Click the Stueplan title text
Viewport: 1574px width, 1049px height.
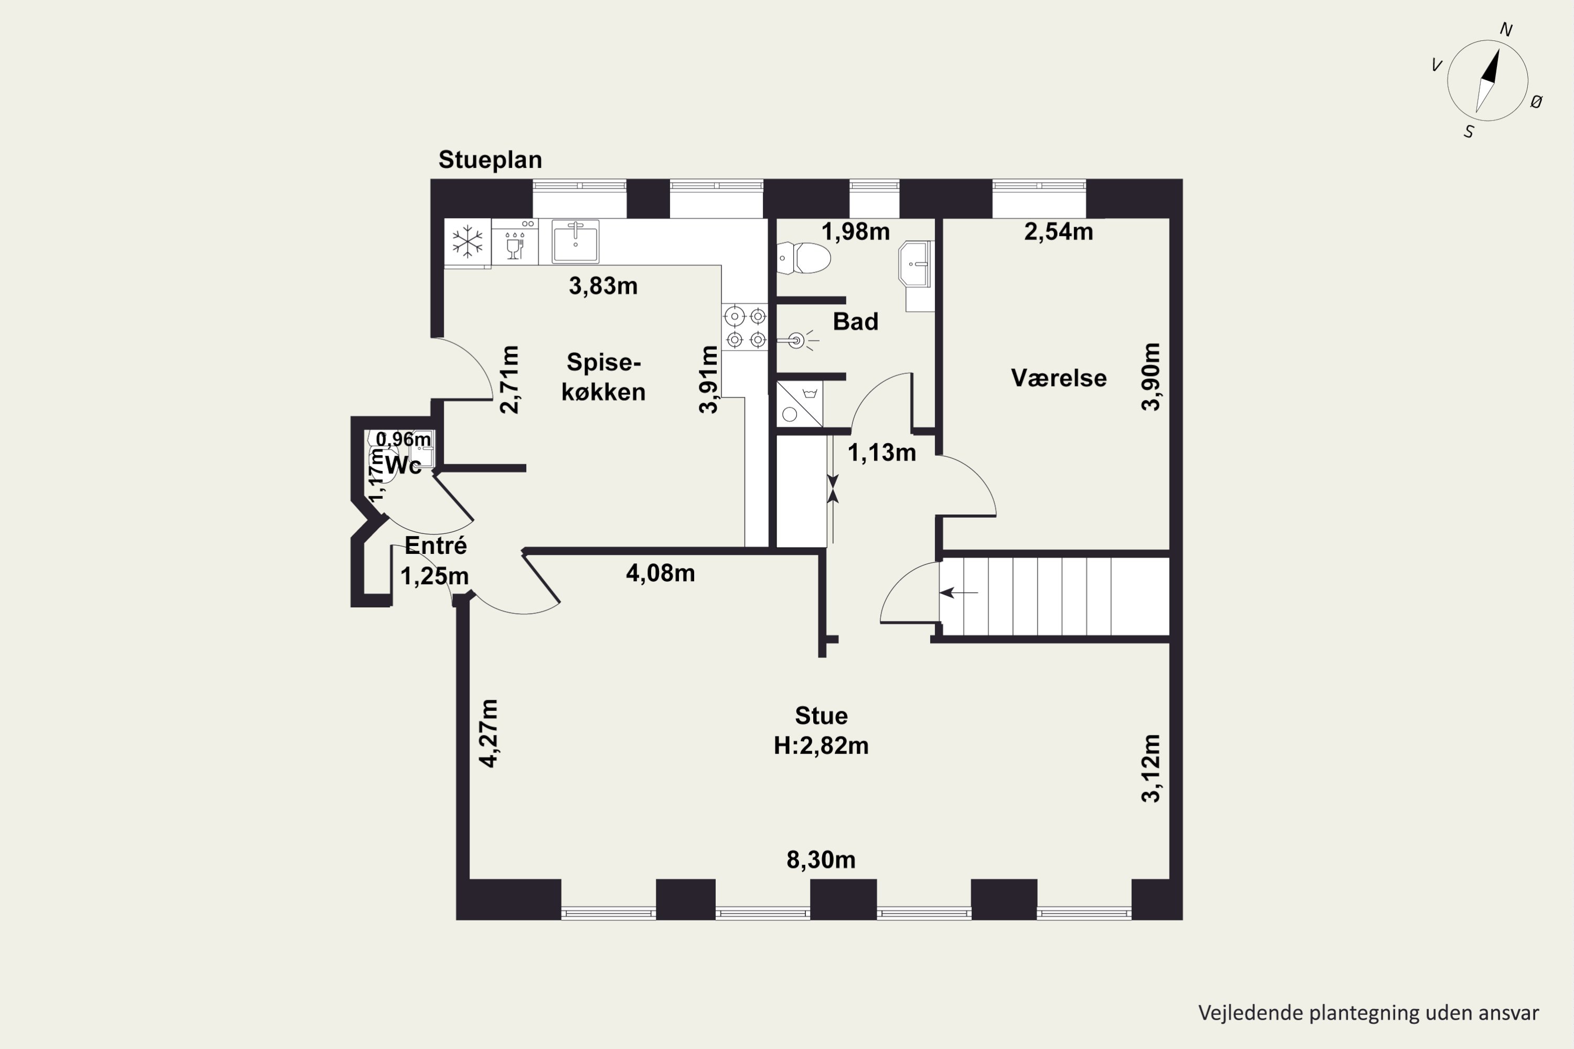point(490,160)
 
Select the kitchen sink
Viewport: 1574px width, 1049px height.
point(576,241)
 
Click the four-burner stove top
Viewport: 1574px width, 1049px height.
point(746,327)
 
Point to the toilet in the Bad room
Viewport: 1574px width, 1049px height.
point(804,258)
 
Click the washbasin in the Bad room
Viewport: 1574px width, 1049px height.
point(916,264)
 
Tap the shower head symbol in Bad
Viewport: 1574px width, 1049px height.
point(797,340)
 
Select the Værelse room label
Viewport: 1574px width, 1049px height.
point(1058,378)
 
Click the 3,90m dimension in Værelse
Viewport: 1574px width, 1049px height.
point(1151,377)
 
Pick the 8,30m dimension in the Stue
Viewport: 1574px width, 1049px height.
point(821,860)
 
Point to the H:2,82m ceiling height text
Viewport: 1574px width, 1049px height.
point(821,745)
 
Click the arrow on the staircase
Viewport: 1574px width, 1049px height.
point(959,592)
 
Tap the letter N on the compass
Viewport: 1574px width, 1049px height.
point(1506,29)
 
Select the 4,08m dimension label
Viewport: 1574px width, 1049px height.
point(660,573)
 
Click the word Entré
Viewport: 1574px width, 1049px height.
point(435,545)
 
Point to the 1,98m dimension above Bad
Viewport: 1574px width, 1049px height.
point(855,231)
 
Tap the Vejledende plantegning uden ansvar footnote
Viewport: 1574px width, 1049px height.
point(1368,1013)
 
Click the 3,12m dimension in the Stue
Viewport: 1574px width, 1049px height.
point(1151,768)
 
